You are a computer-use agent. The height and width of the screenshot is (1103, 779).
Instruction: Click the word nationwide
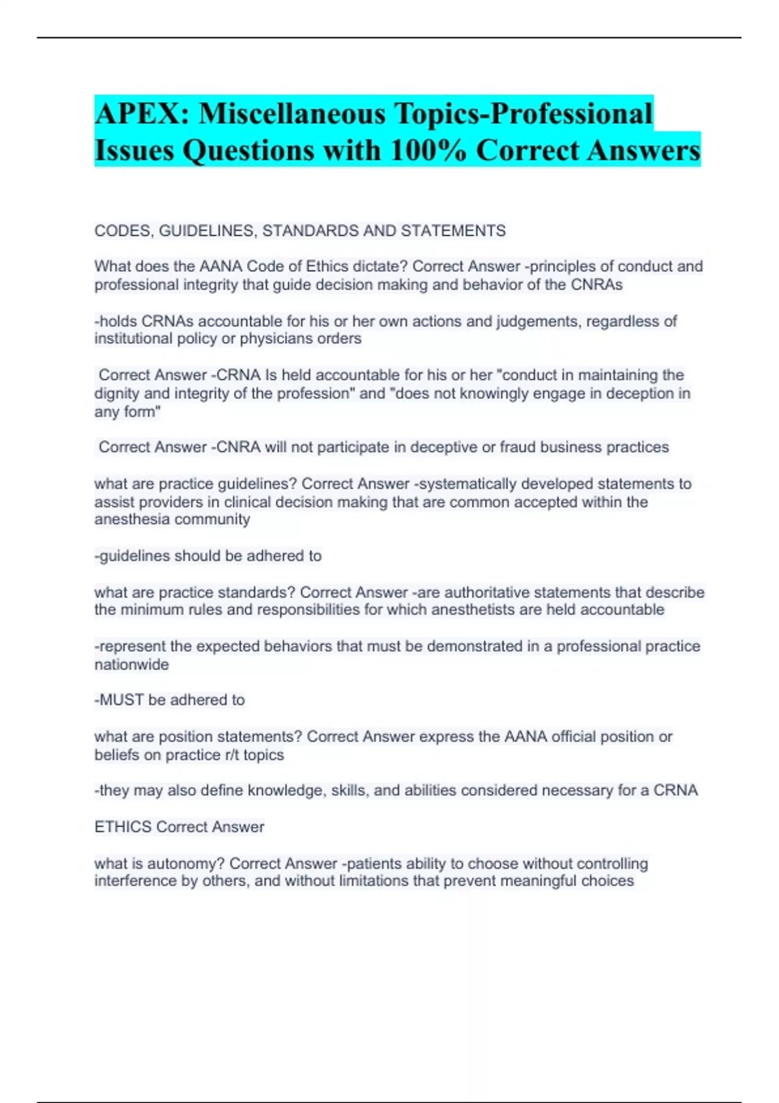pos(132,664)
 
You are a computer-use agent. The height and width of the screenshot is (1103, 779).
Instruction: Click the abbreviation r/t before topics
pos(232,755)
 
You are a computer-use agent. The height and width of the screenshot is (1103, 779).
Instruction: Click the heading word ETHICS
pos(123,827)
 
